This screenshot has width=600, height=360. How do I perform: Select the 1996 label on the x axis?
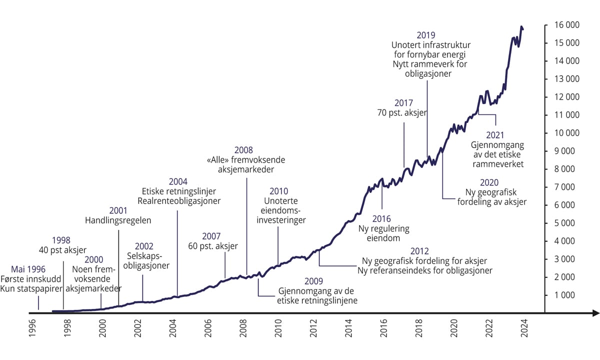32,331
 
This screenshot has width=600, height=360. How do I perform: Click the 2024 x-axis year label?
525,331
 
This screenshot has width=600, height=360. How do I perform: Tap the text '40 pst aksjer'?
63,249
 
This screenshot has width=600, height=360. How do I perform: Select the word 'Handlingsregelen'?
118,220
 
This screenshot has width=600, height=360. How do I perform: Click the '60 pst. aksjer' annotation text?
213,246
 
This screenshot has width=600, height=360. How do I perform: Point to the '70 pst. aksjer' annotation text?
402,113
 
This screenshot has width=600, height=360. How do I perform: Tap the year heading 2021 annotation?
495,135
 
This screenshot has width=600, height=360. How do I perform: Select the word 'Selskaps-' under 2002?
143,256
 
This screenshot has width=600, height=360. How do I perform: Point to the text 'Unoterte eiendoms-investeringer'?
280,210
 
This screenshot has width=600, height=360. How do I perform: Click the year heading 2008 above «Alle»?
243,150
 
